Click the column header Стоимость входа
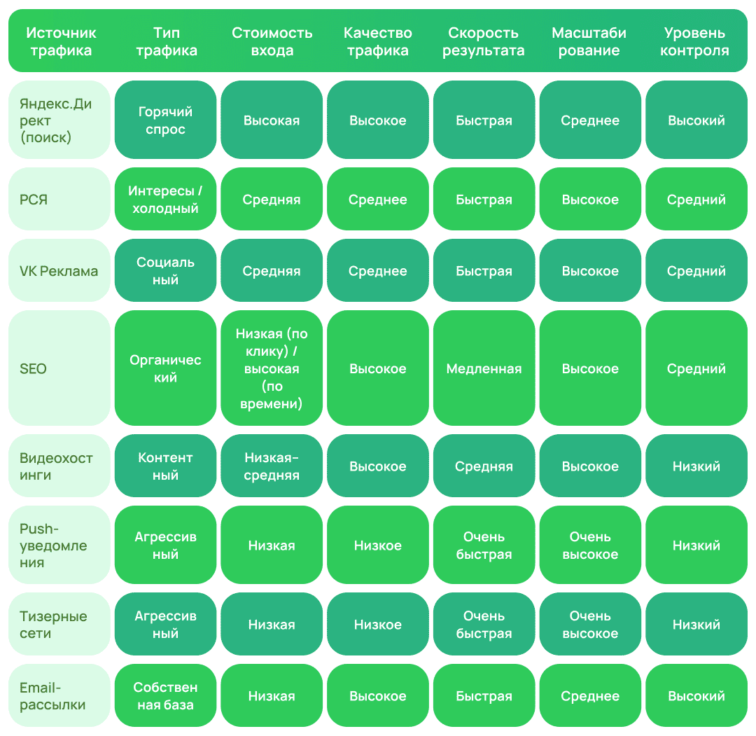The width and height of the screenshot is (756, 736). point(272,41)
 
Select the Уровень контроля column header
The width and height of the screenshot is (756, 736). point(694,41)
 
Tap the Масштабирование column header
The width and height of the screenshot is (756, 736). point(589,41)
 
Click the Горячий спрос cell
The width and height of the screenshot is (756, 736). point(165,120)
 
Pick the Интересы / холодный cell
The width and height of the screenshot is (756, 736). point(165,199)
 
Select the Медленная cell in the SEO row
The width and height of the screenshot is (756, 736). point(484,368)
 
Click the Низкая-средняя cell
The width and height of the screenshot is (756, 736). point(272,466)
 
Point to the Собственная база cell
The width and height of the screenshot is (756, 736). point(165,695)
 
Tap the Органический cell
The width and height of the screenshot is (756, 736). point(165,368)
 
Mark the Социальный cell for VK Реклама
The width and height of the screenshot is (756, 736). point(165,270)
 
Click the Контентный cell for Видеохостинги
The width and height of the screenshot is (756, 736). point(165,466)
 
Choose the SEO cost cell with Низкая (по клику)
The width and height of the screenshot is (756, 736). point(272,368)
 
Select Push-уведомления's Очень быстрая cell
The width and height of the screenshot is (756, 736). point(484,545)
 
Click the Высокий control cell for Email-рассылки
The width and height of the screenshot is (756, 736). point(696,695)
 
